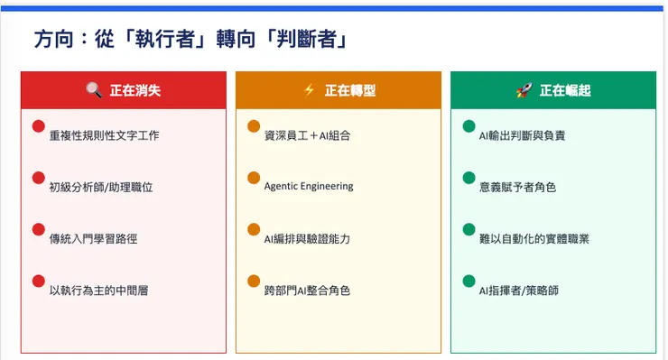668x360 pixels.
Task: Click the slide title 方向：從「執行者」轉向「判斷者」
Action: point(190,40)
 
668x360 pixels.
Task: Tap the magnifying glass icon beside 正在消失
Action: point(93,90)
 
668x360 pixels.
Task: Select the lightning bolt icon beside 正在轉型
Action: point(309,90)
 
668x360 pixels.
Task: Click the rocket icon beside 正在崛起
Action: point(524,90)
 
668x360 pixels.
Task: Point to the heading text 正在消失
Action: point(135,90)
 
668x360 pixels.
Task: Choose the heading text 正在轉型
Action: point(350,90)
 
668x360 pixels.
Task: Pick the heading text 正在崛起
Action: point(565,90)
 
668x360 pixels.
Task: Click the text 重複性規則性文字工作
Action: point(104,135)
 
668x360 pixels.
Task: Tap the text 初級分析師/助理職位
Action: point(100,187)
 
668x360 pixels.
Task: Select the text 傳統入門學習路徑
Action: point(93,239)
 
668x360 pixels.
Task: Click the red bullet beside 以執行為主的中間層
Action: point(38,281)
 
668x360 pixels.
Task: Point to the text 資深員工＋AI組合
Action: point(307,135)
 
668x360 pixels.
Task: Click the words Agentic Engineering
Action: point(309,187)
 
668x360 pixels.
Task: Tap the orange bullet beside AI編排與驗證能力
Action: point(254,229)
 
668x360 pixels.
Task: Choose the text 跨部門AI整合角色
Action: point(307,291)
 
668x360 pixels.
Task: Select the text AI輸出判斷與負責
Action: point(522,135)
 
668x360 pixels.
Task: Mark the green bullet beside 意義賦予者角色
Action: point(469,178)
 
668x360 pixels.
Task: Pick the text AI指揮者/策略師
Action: point(518,291)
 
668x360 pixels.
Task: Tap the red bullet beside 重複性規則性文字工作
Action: point(38,126)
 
